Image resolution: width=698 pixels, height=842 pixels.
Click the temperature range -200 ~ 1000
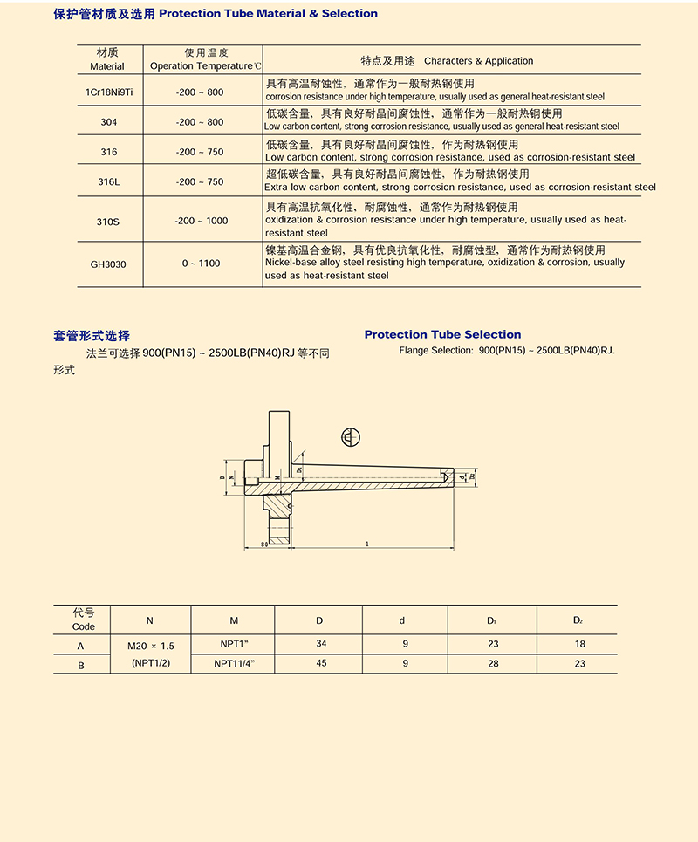coord(202,221)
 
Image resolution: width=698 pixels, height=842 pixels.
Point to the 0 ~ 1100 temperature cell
coord(202,263)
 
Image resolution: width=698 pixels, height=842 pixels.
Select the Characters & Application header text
coord(478,61)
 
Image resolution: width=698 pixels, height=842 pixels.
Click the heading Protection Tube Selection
coord(442,334)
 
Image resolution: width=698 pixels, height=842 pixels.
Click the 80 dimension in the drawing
coord(264,545)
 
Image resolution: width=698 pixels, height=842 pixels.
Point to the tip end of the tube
coord(450,477)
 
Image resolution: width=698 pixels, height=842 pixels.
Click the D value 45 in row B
coord(319,664)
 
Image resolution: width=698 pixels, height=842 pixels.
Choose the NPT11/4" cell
coord(234,664)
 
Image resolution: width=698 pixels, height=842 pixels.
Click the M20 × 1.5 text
coord(150,646)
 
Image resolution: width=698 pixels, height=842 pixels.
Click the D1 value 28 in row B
coord(493,664)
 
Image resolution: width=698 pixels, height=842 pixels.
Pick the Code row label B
coord(81,664)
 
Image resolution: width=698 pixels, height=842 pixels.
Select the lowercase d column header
coord(402,620)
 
